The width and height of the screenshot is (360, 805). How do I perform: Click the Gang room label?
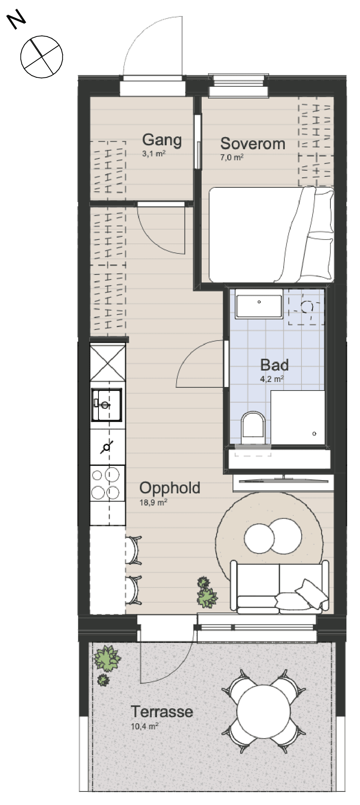(x=162, y=140)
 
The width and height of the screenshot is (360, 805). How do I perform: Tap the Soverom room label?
(x=253, y=144)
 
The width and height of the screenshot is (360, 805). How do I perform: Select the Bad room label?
(x=274, y=365)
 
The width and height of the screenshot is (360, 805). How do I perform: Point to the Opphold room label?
(x=169, y=488)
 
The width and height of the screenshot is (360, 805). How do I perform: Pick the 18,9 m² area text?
(x=153, y=503)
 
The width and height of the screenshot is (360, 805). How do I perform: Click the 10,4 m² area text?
(x=144, y=726)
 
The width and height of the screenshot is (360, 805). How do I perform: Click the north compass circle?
(x=42, y=57)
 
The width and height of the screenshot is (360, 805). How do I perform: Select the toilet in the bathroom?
(x=253, y=428)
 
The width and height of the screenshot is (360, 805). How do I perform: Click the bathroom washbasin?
(x=259, y=303)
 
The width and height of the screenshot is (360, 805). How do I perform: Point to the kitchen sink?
(x=107, y=405)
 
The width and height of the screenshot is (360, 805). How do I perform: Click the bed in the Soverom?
(x=272, y=234)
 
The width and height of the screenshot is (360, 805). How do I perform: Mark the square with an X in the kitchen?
(x=107, y=362)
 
